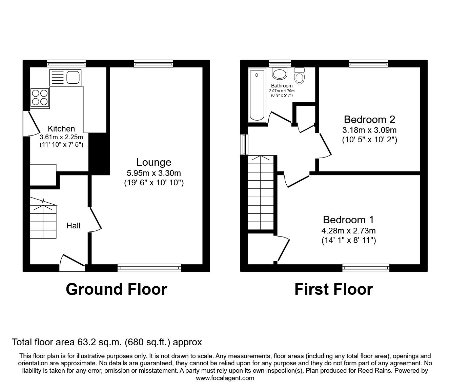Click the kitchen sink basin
click(73, 78)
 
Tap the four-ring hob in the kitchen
click(40, 98)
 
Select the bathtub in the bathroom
click(257, 95)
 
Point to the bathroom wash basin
click(280, 74)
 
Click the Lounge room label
click(154, 162)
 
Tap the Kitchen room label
click(61, 129)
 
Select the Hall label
click(74, 226)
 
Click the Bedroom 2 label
click(369, 119)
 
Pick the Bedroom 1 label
click(348, 220)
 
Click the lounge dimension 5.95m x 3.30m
click(154, 173)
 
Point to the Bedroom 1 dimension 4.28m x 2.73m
click(349, 231)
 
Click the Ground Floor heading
click(117, 289)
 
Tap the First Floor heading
click(334, 289)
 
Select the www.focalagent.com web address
click(225, 378)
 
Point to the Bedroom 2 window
click(369, 64)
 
